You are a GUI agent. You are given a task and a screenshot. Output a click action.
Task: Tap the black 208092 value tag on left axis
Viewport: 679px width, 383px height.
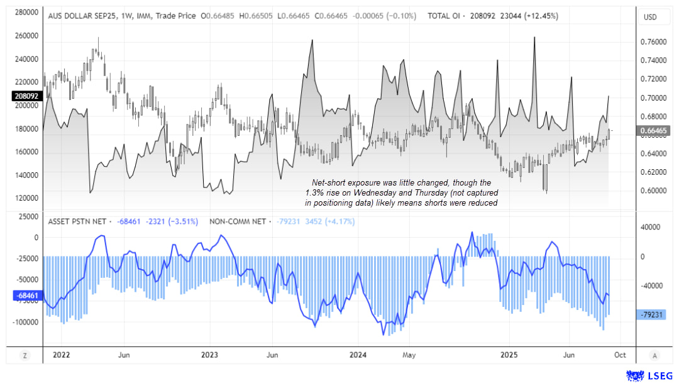tap(26, 97)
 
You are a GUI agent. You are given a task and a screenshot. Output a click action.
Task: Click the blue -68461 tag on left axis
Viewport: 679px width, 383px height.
tap(26, 295)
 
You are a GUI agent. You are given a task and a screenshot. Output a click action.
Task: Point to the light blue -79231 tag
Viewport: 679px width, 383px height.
tap(654, 316)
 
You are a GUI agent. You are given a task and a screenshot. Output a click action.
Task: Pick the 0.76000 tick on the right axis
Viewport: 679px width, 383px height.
tap(653, 42)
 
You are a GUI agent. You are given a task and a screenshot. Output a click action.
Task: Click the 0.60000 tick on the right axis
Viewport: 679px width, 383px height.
tap(653, 191)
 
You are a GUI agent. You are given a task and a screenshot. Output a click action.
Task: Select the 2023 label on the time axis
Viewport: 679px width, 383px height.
tap(209, 355)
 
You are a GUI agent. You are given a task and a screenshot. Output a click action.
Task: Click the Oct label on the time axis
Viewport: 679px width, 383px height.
tap(619, 355)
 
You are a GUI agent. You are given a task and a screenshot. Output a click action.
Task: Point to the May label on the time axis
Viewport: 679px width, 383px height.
tap(409, 355)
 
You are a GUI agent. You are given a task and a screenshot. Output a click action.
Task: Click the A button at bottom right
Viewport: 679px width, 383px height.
tap(655, 355)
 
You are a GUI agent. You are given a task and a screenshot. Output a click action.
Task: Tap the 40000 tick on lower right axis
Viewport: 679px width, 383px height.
tap(651, 228)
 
